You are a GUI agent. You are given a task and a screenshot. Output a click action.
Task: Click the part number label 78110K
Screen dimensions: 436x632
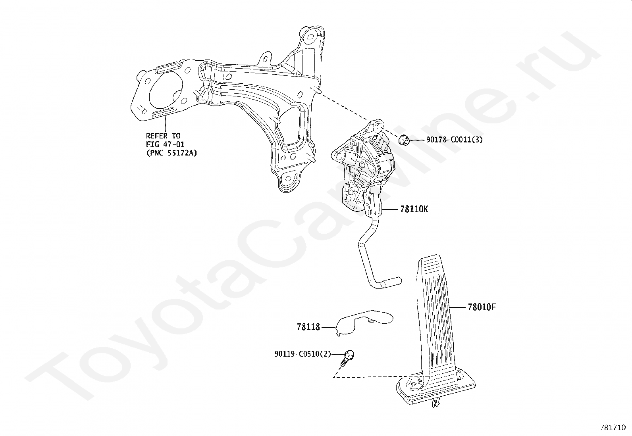pyautogui.click(x=414, y=209)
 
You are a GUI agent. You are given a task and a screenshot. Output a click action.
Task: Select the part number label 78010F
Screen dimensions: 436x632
pyautogui.click(x=482, y=307)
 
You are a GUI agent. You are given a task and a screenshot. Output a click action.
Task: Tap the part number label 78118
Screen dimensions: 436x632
pyautogui.click(x=308, y=327)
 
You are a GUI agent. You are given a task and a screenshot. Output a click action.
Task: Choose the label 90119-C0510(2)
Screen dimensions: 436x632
pyautogui.click(x=303, y=354)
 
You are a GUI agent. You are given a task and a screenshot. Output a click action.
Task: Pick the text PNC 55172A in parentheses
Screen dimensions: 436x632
pyautogui.click(x=171, y=152)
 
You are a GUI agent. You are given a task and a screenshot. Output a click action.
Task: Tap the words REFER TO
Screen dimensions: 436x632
pyautogui.click(x=163, y=136)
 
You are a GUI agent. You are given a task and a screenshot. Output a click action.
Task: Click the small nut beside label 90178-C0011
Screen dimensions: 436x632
pyautogui.click(x=404, y=140)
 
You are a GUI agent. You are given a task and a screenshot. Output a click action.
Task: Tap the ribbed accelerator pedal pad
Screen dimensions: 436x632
pyautogui.click(x=436, y=309)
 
